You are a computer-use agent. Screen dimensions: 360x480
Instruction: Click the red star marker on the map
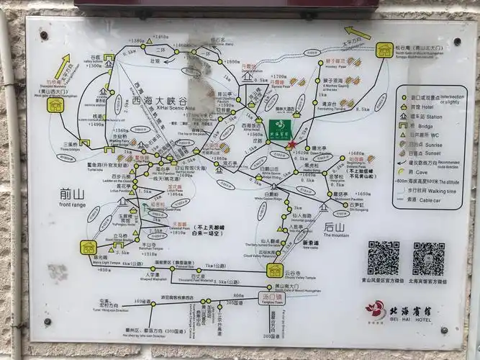tap(291, 145)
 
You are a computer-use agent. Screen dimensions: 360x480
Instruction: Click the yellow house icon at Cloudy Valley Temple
tap(273, 270)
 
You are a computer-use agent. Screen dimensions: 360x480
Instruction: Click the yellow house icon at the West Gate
tap(55, 106)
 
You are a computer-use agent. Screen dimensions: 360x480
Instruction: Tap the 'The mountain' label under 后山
tap(335, 235)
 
